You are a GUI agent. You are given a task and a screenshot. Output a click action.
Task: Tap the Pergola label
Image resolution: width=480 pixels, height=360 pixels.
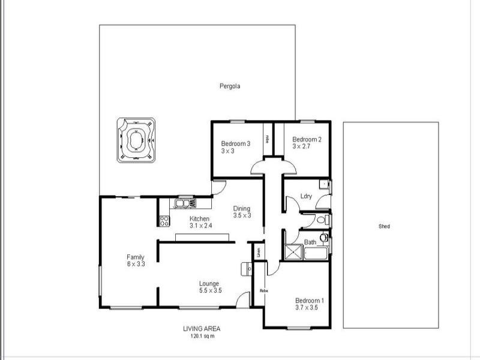pos(229,86)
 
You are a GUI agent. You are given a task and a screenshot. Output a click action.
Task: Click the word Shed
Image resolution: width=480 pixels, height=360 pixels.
pos(385,227)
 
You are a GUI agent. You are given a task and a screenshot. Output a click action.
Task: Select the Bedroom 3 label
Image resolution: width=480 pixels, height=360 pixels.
pos(235,143)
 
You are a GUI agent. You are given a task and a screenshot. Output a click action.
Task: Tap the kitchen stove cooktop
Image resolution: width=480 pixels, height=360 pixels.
pos(164,220)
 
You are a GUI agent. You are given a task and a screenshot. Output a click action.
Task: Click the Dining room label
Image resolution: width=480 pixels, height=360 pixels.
pos(242,209)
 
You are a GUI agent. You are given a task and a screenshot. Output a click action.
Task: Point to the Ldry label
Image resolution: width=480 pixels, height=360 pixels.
pos(307,196)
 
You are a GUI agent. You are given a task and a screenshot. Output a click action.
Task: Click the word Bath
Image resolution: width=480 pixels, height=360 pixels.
pos(310,242)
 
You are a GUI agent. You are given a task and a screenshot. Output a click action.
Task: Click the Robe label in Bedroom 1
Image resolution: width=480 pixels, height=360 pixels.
pos(263,291)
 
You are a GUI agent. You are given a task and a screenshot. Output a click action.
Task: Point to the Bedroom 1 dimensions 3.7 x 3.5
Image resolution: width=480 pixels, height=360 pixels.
pos(306,307)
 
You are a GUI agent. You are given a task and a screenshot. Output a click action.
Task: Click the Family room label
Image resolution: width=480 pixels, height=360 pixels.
pos(135,257)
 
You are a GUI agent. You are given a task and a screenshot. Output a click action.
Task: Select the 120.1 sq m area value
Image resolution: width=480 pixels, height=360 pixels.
pos(202,335)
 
